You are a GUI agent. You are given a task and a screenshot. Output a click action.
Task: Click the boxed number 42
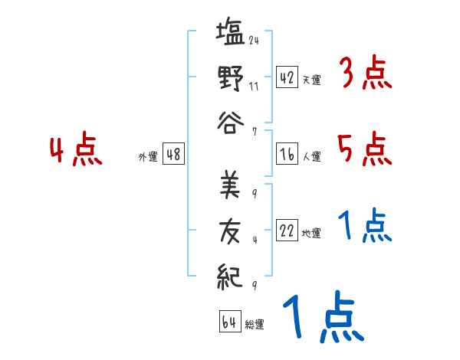pos(287,77)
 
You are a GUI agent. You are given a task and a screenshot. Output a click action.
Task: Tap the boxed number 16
pos(287,155)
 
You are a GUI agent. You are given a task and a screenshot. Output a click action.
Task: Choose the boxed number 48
pos(173,155)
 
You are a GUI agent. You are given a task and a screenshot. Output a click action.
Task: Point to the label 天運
pos(311,80)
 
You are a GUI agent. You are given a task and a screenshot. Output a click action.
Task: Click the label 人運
pos(311,157)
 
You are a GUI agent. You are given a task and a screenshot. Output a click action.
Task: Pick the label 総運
pos(255,324)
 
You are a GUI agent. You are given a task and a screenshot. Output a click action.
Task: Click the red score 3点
pos(365,74)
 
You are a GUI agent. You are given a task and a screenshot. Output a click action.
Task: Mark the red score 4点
pos(74,151)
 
